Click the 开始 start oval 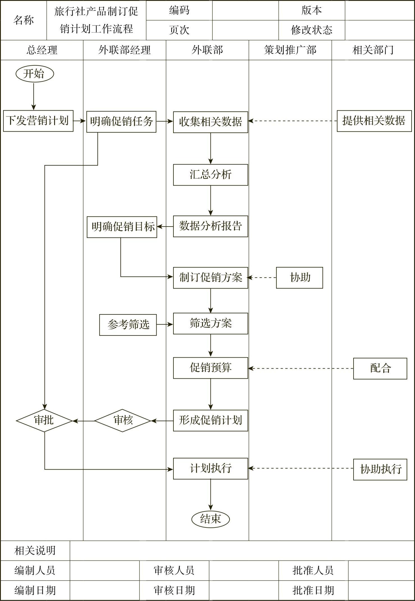click(35, 74)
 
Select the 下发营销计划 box click(38, 121)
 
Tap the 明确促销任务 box click(121, 122)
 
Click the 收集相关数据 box click(210, 122)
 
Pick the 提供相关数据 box click(374, 121)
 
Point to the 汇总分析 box click(210, 175)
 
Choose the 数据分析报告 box click(210, 226)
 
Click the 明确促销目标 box click(122, 227)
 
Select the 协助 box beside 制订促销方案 click(299, 278)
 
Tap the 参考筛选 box click(128, 325)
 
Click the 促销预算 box click(210, 368)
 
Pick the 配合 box click(380, 368)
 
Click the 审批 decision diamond click(44, 421)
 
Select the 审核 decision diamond click(123, 421)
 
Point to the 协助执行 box click(380, 469)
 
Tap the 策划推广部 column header click(290, 50)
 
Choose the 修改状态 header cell click(311, 30)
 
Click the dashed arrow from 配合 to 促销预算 click(300, 368)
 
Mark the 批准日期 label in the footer click(313, 591)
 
